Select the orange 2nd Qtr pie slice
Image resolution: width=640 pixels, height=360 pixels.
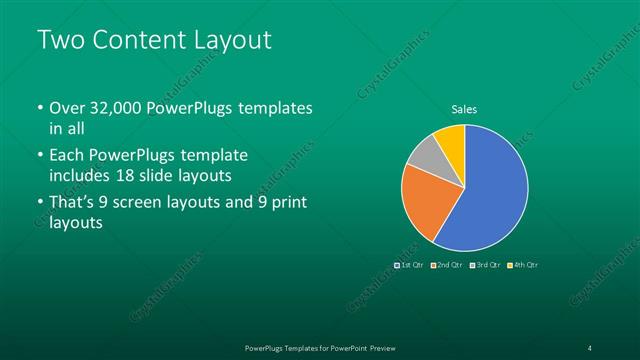(x=423, y=201)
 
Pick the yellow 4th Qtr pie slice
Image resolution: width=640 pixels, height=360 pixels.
(x=451, y=138)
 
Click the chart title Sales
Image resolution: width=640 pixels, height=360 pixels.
(x=464, y=109)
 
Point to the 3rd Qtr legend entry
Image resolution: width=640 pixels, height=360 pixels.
(x=487, y=265)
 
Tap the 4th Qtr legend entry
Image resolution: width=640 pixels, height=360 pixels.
(x=525, y=265)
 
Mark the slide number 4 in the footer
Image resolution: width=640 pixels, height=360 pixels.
(x=590, y=347)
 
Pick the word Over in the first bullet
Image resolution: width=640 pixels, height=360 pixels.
(x=69, y=109)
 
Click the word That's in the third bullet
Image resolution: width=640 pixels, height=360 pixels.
(x=73, y=203)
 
